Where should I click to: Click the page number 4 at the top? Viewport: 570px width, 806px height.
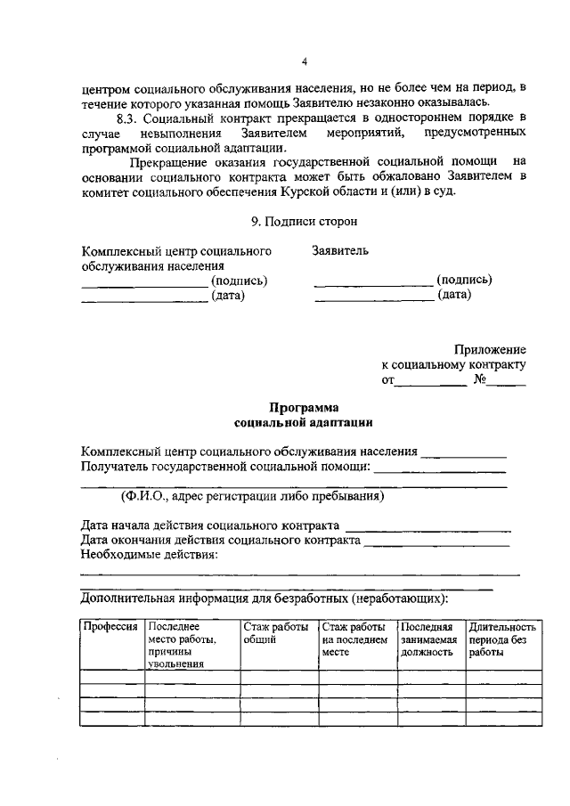coord(303,62)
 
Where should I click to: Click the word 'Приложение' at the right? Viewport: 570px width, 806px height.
coord(490,350)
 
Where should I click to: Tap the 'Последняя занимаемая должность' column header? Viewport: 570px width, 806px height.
coord(428,639)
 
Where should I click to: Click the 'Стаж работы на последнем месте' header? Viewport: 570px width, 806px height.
coord(354,639)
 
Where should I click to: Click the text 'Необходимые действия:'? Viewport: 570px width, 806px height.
coord(149,555)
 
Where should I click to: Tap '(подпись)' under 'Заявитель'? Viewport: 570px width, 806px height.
coord(464,280)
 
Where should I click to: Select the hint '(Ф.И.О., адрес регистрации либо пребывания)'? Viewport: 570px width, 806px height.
coord(252,496)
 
